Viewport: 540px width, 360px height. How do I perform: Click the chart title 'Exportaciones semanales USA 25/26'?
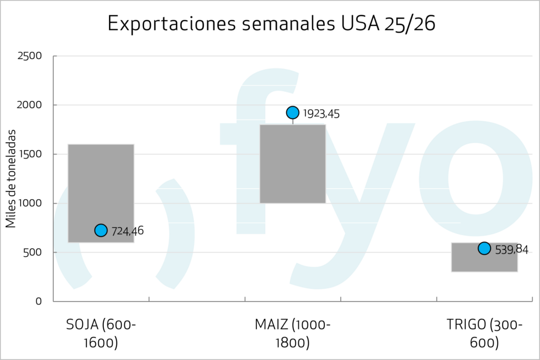pos(272,24)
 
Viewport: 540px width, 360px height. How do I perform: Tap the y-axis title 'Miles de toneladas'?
pos(11,179)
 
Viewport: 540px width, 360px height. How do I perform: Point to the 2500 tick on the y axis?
pos(30,56)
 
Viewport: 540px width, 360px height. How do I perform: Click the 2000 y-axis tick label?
pos(30,105)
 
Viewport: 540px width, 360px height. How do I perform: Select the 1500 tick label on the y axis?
pos(30,154)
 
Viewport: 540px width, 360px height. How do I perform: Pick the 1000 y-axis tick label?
pos(30,203)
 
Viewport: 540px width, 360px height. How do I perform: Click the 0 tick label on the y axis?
pos(39,301)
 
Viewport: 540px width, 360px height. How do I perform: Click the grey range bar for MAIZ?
pos(293,164)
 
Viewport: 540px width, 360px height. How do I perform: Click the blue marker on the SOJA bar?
pos(101,230)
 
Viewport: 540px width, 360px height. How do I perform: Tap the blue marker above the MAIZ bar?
pos(293,112)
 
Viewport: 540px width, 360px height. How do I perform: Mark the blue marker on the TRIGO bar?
pos(484,248)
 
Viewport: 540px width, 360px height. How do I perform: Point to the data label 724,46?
pos(128,231)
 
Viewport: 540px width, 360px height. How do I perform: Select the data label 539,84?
pos(512,249)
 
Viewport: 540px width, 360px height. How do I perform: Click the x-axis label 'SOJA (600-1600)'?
pos(101,334)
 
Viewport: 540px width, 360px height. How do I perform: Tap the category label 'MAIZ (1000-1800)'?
pos(293,334)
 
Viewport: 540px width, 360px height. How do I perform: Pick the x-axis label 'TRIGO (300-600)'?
pos(484,334)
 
